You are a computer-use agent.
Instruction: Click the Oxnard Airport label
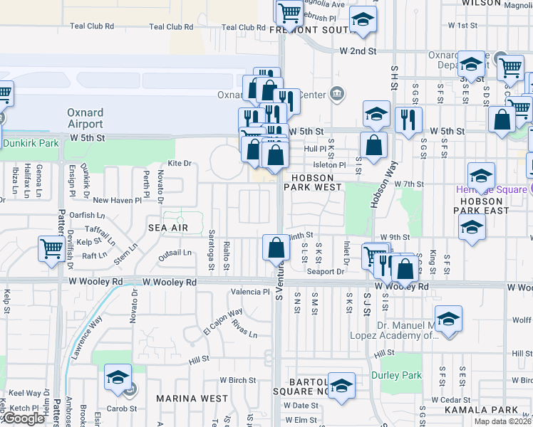pyautogui.click(x=86, y=117)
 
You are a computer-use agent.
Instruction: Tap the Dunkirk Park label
pyautogui.click(x=30, y=143)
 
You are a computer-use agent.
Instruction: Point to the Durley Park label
pyautogui.click(x=396, y=375)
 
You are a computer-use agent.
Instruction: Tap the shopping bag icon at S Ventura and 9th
pyautogui.click(x=276, y=248)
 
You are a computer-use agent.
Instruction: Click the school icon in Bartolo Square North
pyautogui.click(x=341, y=384)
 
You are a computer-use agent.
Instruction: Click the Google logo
pyautogui.click(x=24, y=418)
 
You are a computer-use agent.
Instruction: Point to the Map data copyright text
pyautogui.click(x=503, y=421)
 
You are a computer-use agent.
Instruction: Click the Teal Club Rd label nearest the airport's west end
pyautogui.click(x=92, y=26)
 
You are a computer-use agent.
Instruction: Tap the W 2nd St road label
pyautogui.click(x=358, y=51)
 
